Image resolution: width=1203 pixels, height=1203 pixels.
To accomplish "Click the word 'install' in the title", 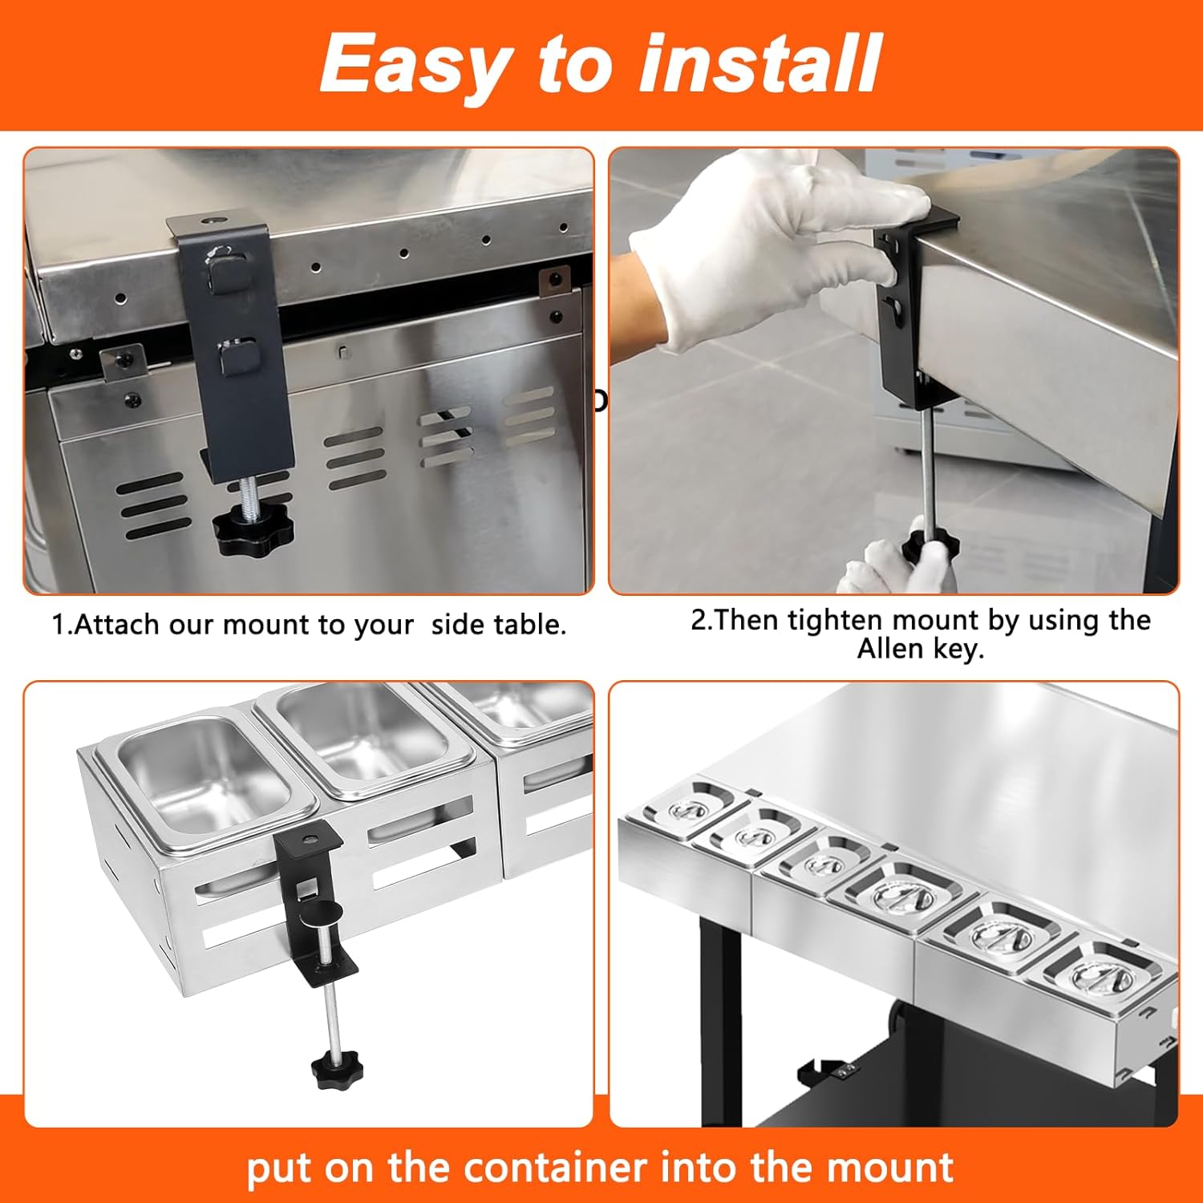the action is click(x=759, y=63).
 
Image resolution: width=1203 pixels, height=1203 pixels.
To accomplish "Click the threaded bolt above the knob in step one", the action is click(x=247, y=491).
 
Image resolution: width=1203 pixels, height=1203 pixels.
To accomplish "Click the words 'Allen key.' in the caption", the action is click(x=920, y=649).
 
